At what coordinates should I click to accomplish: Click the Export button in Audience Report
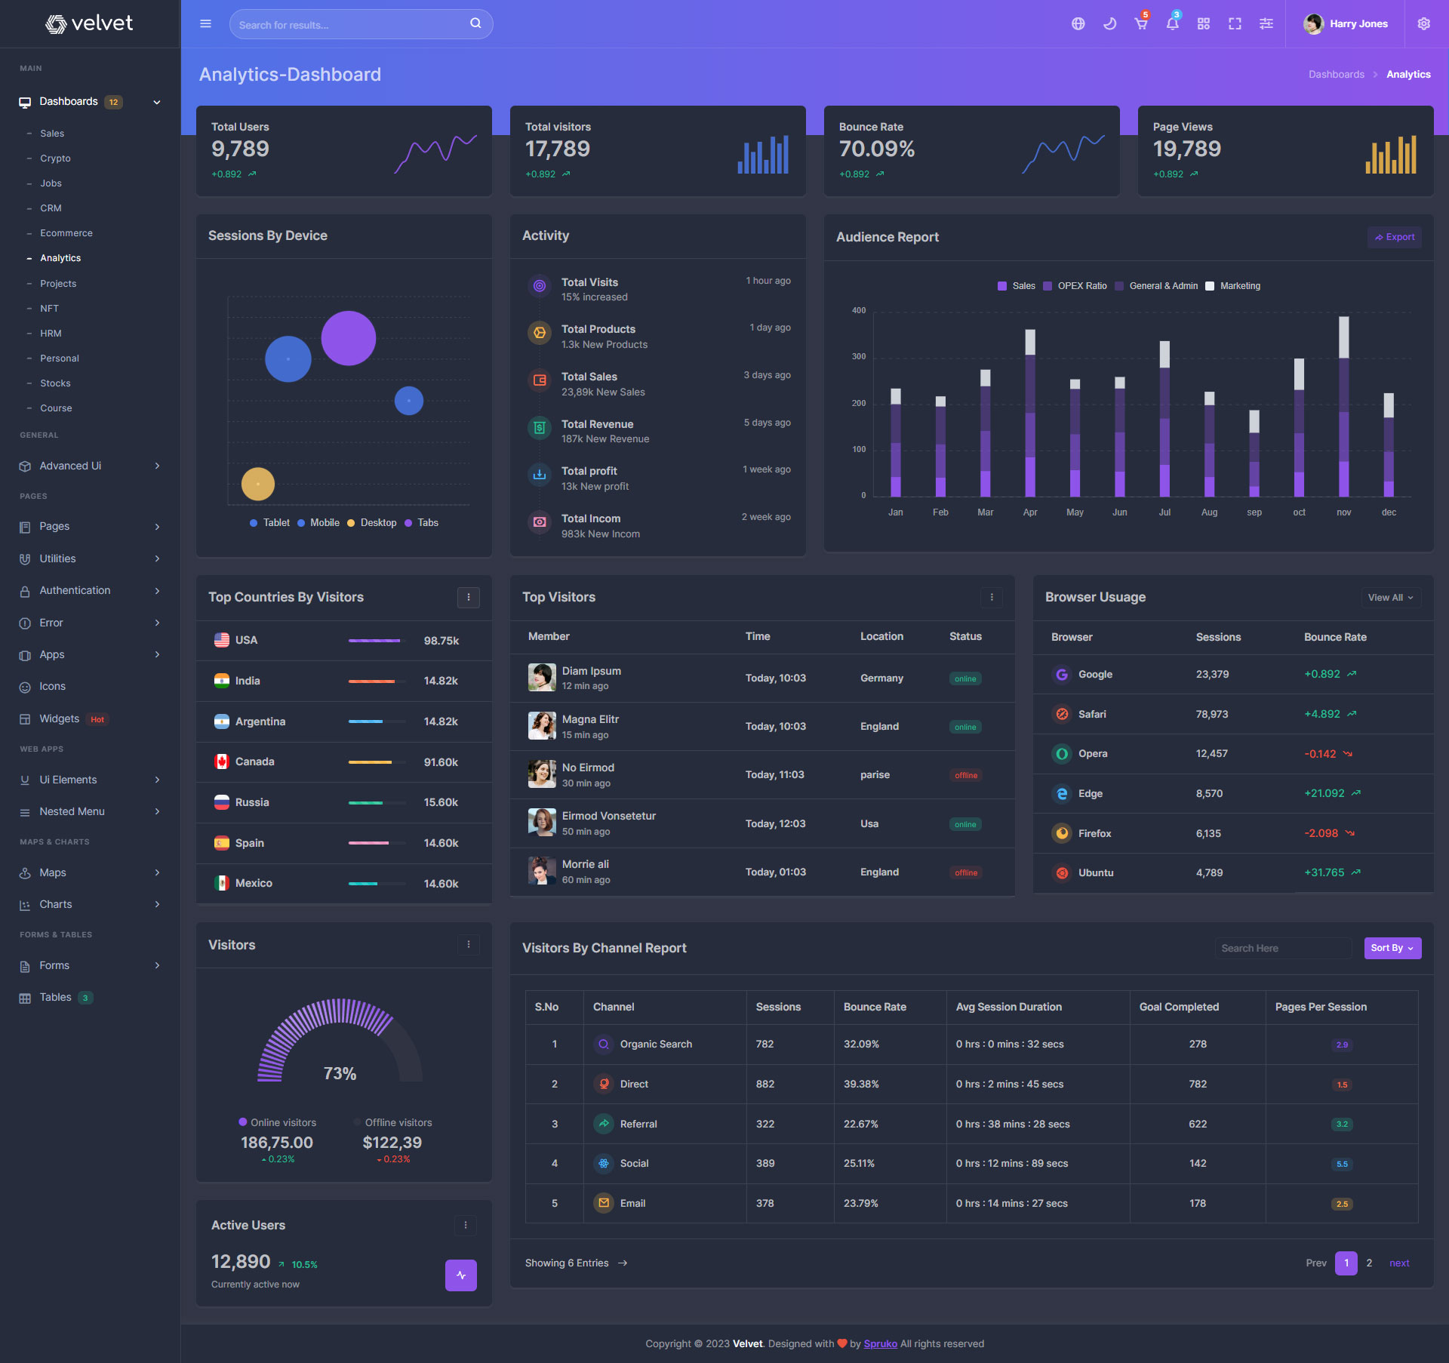point(1395,237)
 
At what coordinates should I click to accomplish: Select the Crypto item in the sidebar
point(55,158)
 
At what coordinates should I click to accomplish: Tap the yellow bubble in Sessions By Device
point(258,484)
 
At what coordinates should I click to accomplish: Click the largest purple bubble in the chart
point(349,338)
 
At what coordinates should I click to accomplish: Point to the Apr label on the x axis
point(1030,512)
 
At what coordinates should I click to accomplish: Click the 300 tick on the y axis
point(859,356)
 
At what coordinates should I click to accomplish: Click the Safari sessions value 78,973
point(1212,714)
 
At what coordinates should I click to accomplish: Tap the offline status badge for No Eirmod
point(966,775)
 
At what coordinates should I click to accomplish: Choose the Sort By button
point(1392,948)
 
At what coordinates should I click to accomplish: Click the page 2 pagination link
point(1369,1263)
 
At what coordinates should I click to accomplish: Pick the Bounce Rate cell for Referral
point(861,1124)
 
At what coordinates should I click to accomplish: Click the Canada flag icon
point(222,761)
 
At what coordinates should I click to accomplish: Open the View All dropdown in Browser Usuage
point(1390,598)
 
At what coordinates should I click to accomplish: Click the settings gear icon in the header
point(1424,24)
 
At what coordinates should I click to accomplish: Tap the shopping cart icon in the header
point(1141,24)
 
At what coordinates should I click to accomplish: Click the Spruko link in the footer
point(880,1343)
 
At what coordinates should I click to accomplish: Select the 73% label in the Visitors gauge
point(340,1073)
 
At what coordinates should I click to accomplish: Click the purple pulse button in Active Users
point(461,1275)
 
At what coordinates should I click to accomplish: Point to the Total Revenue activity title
point(597,424)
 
